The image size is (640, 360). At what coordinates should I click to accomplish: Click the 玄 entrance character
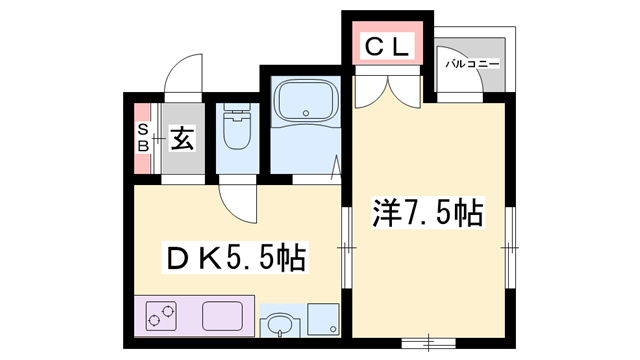[x=181, y=138]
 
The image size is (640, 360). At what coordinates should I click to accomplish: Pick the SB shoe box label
[x=142, y=138]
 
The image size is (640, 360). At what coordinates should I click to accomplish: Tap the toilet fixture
[x=236, y=130]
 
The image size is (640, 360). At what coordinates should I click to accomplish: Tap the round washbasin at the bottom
[x=279, y=325]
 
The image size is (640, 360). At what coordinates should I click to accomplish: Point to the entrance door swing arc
[x=182, y=76]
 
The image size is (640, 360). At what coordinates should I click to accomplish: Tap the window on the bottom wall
[x=431, y=340]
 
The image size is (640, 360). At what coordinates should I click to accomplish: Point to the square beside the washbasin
[x=321, y=318]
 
